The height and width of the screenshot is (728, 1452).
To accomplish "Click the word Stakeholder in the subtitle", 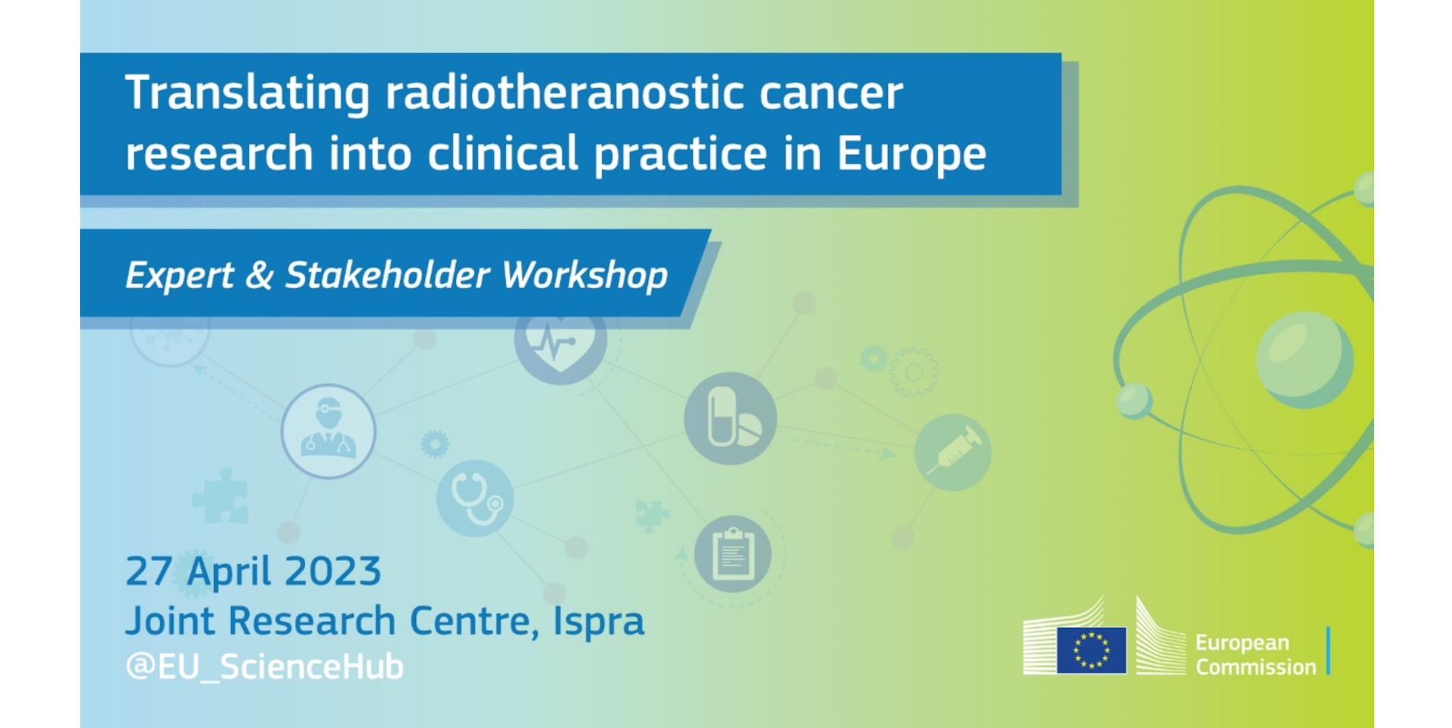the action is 387,275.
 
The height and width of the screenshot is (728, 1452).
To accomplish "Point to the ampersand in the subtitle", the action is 259,275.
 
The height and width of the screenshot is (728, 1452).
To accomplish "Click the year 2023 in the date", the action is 333,571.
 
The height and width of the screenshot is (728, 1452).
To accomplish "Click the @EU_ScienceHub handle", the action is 265,667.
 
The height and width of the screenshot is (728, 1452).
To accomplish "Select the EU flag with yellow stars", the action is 1091,650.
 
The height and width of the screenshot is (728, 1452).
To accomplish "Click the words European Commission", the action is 1255,655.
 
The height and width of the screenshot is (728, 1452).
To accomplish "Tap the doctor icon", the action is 328,431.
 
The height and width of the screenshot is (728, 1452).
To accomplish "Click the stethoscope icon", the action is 475,498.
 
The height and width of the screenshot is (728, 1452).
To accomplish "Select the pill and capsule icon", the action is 730,418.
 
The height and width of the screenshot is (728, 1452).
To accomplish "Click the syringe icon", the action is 953,453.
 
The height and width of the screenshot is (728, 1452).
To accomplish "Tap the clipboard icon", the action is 733,554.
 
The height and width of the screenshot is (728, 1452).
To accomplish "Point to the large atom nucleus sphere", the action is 1305,360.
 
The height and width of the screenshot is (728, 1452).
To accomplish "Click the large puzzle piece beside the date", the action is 220,496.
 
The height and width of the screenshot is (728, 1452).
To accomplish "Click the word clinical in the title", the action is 503,154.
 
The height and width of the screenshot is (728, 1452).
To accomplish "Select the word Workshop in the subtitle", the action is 585,275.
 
